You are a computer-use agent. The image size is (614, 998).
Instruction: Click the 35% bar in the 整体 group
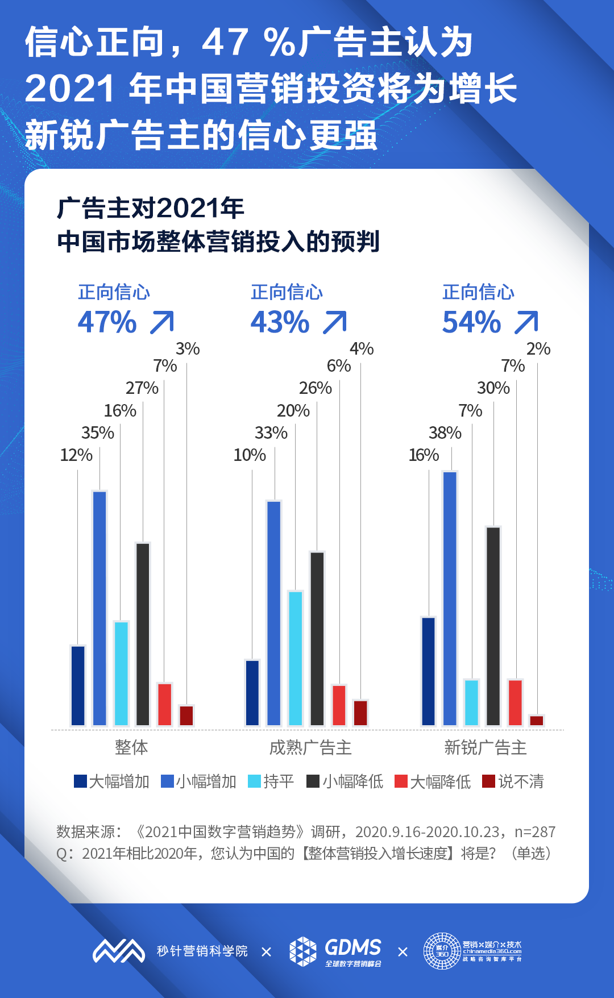click(x=99, y=608)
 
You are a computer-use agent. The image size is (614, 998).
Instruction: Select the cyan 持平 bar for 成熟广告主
click(x=296, y=658)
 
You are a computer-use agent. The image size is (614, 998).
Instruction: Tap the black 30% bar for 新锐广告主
click(x=493, y=626)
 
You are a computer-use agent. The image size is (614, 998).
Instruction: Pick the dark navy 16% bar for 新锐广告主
click(x=429, y=671)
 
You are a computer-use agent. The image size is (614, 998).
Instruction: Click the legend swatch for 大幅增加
click(x=80, y=781)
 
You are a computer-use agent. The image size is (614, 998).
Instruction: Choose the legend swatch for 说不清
click(x=488, y=781)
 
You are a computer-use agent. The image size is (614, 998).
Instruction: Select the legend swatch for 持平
click(x=254, y=781)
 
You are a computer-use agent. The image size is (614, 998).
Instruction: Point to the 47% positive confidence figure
click(x=107, y=322)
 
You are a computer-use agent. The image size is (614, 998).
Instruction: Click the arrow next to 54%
click(x=526, y=322)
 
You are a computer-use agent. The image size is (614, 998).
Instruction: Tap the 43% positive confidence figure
click(x=280, y=322)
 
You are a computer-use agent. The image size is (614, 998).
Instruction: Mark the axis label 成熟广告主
click(x=310, y=747)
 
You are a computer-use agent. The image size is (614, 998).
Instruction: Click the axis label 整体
click(x=131, y=747)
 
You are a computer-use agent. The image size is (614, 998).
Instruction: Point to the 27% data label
click(x=142, y=388)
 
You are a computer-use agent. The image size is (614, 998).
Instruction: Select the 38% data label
click(x=445, y=433)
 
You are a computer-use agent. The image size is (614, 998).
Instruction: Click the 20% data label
click(x=293, y=410)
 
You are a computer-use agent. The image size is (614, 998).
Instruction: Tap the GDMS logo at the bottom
click(x=335, y=951)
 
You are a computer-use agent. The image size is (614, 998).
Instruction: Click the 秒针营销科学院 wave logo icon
click(x=119, y=951)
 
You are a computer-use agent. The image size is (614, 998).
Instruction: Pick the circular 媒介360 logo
click(x=442, y=951)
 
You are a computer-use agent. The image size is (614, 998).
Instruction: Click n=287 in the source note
click(x=534, y=832)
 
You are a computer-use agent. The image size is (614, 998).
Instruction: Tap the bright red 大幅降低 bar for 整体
click(x=165, y=704)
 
